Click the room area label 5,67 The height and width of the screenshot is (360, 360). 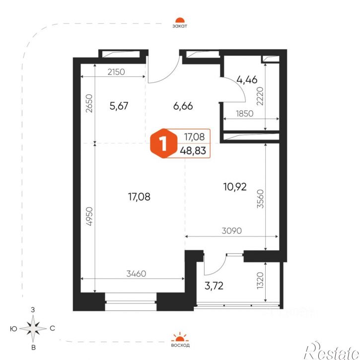[x=119, y=106]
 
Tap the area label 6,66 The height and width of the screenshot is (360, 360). [x=183, y=106]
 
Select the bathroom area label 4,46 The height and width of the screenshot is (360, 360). [x=247, y=79]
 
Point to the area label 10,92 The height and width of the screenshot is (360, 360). [x=235, y=187]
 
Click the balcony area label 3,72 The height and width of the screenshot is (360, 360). [x=214, y=286]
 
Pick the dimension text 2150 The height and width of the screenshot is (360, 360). [x=116, y=72]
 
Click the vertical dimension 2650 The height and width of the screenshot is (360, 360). [x=89, y=103]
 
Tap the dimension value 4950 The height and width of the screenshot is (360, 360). [x=89, y=216]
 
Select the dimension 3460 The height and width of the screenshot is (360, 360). [x=136, y=274]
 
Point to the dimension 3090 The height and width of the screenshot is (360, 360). [x=232, y=231]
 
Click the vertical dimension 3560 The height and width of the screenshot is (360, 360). [x=261, y=199]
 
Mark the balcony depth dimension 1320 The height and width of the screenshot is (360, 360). [x=260, y=281]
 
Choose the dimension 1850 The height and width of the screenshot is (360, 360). [x=244, y=113]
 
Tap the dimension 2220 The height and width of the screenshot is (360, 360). [x=260, y=96]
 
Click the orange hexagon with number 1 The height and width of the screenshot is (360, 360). [x=164, y=144]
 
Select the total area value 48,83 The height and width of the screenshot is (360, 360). [x=193, y=151]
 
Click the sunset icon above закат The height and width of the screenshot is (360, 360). [x=180, y=20]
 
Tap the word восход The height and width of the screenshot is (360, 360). [x=180, y=345]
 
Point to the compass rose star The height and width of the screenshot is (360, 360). [x=33, y=329]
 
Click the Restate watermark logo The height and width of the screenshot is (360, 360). [x=332, y=351]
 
